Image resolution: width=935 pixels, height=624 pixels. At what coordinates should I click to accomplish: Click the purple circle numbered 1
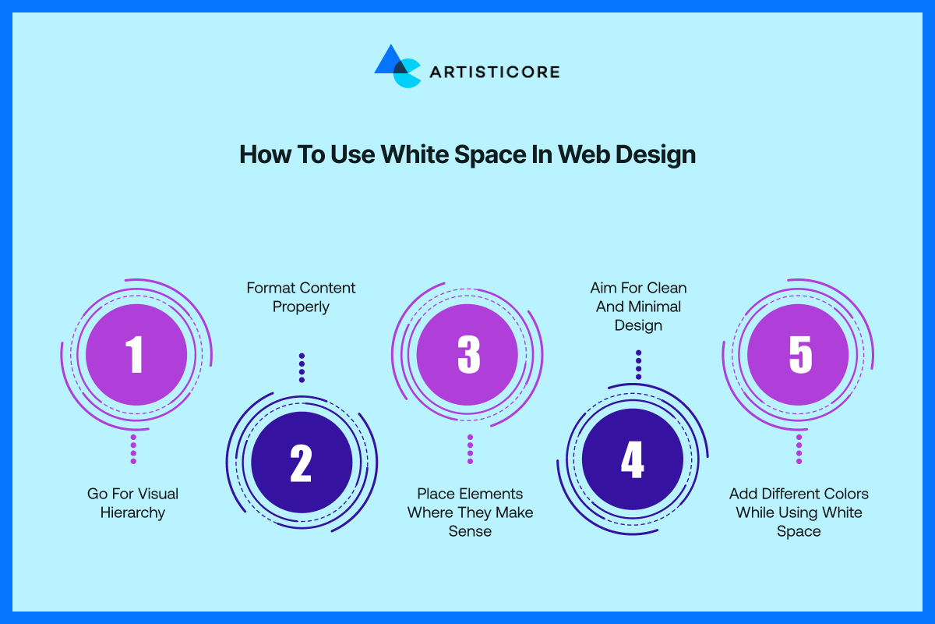(x=136, y=354)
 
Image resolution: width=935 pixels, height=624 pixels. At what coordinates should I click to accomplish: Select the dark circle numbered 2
(x=302, y=463)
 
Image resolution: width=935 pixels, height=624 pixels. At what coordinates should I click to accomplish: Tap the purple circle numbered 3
(x=467, y=354)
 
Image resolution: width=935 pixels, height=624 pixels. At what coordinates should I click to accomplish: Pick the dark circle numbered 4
(x=633, y=459)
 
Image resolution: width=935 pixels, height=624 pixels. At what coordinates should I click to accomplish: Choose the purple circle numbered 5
(x=798, y=354)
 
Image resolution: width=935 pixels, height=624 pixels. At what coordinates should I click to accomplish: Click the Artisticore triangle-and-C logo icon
(x=397, y=66)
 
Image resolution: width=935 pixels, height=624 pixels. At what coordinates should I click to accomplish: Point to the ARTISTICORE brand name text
(x=495, y=72)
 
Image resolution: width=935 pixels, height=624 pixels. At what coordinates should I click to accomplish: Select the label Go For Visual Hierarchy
(x=132, y=503)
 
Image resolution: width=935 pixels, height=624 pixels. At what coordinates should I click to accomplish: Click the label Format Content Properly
(x=301, y=297)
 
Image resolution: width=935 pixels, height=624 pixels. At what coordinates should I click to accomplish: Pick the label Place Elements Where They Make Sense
(x=470, y=512)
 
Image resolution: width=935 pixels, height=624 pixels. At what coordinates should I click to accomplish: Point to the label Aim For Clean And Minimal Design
(x=638, y=307)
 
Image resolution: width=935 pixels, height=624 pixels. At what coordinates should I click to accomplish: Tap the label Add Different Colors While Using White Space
(x=799, y=512)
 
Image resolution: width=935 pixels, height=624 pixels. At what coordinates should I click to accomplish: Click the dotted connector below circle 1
(x=133, y=449)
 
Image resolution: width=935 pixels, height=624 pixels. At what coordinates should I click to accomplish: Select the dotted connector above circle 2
(x=302, y=368)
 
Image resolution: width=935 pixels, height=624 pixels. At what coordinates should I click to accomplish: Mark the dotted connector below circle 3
(x=471, y=449)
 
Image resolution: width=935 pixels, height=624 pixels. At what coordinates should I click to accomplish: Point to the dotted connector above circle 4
(x=639, y=365)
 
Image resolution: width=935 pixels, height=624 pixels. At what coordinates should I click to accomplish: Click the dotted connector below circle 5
(x=799, y=449)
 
